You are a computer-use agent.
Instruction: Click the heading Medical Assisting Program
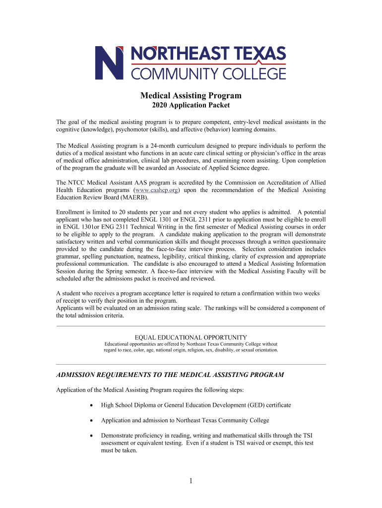tap(191, 95)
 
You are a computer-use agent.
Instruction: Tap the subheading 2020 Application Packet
tap(191, 105)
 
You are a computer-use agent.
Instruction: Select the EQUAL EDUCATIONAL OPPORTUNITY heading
tap(191, 337)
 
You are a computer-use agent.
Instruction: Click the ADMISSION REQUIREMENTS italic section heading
tap(170, 375)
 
